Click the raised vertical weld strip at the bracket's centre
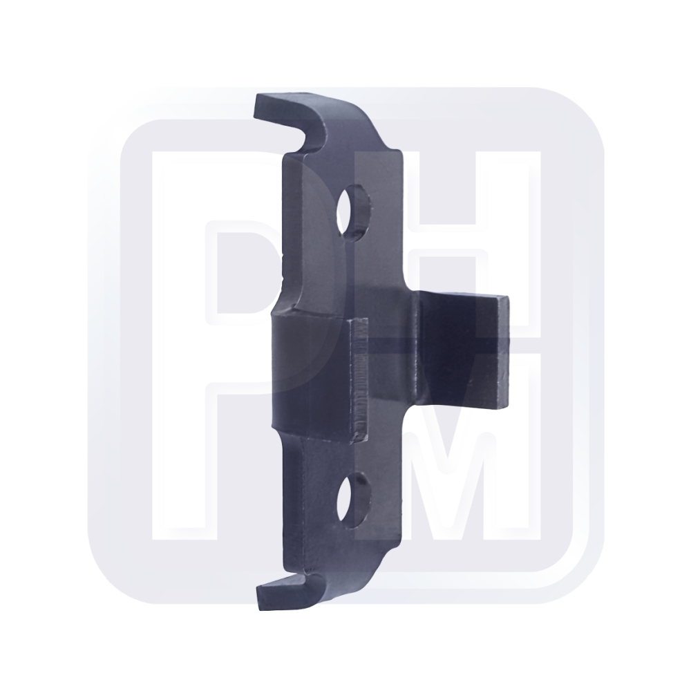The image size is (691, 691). point(359,380)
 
